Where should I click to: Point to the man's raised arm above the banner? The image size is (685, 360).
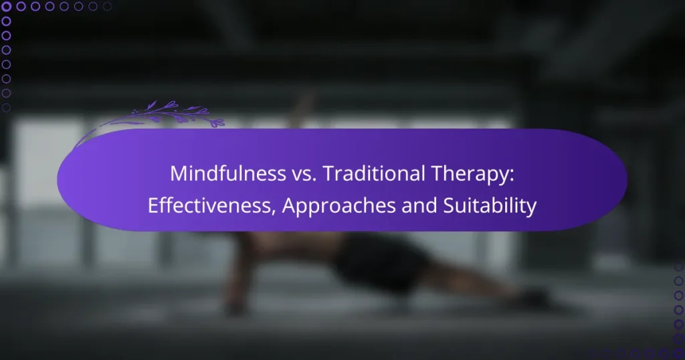click(x=304, y=110)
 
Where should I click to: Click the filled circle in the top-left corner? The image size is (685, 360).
click(x=7, y=7)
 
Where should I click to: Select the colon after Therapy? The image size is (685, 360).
click(x=513, y=175)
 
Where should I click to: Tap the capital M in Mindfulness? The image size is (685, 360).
click(x=177, y=173)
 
